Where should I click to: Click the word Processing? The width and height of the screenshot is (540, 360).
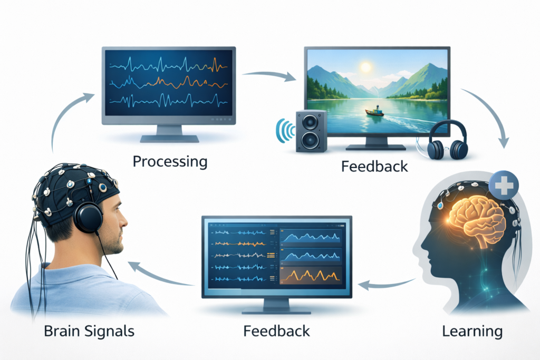(x=170, y=161)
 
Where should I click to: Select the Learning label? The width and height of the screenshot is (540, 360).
(x=471, y=331)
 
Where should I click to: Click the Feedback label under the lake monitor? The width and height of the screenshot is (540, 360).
(x=374, y=166)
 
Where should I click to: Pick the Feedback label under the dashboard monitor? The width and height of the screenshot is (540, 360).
(x=277, y=331)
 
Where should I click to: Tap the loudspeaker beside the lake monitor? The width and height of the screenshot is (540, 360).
(x=310, y=130)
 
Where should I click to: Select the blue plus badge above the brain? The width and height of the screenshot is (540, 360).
(x=504, y=186)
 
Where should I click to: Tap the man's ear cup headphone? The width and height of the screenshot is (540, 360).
(x=88, y=217)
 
